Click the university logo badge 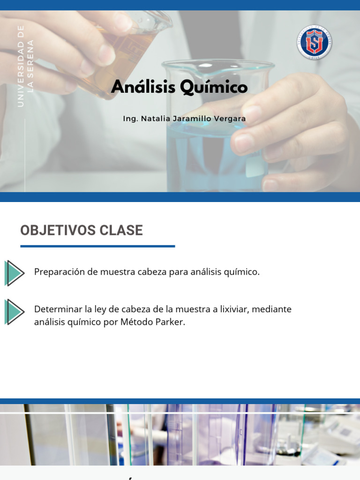314,42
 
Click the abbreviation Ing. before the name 130,119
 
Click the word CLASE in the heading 121,231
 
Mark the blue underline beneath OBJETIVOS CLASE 97,246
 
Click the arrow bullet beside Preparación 14,273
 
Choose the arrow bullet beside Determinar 14,312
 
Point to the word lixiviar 232,309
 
